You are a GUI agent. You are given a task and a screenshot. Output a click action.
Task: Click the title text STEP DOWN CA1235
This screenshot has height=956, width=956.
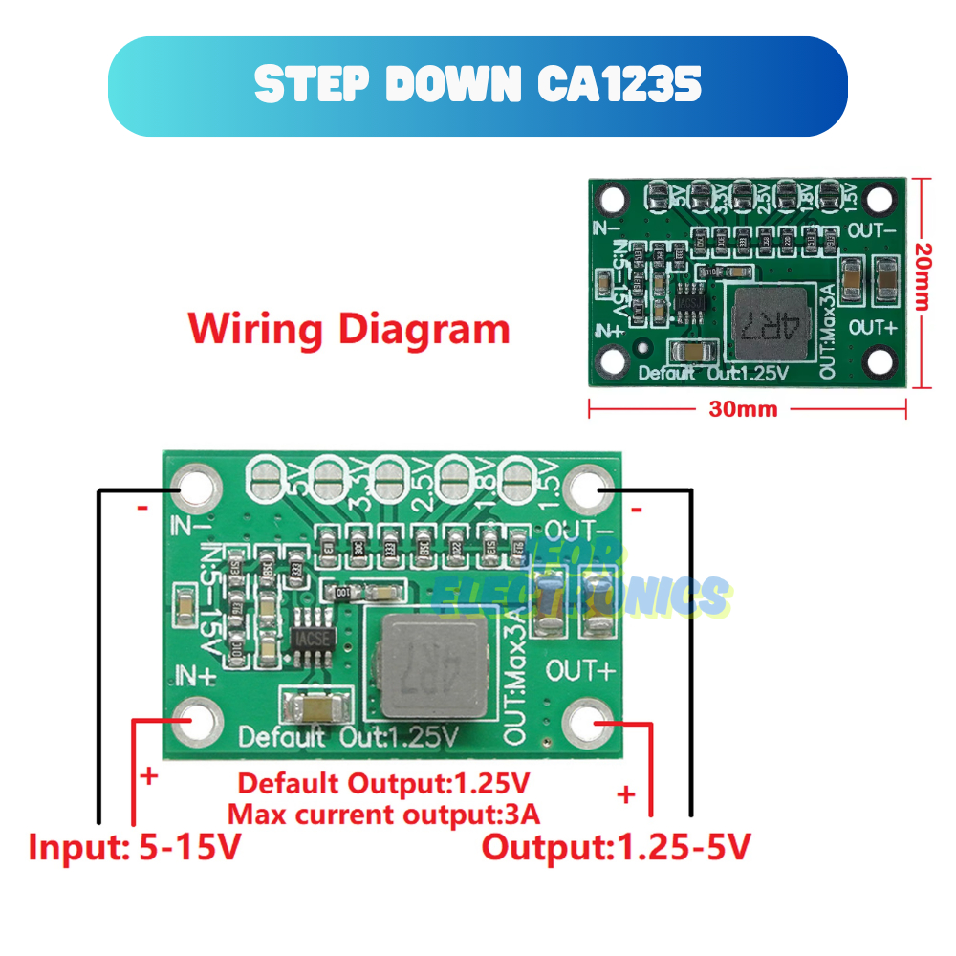coord(478,86)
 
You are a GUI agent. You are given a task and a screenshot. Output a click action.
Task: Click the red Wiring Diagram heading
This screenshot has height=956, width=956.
coord(349,330)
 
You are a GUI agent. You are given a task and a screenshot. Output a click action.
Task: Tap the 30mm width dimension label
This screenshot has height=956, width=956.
coord(744,409)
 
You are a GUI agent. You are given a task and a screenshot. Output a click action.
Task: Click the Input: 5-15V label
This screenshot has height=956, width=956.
coord(135,847)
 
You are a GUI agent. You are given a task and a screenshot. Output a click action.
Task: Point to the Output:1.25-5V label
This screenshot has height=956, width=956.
coord(616,847)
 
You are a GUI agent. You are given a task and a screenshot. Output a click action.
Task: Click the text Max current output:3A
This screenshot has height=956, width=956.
coord(383,815)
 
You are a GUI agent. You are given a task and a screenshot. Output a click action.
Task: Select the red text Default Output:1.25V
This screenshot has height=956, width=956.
coord(383,784)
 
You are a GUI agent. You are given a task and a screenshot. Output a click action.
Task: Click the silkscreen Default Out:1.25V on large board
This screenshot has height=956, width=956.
coord(349,737)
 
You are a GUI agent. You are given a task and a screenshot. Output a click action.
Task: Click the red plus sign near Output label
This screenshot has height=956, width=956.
coord(626,793)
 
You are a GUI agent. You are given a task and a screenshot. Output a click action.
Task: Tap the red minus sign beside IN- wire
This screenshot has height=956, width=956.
coord(141,509)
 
